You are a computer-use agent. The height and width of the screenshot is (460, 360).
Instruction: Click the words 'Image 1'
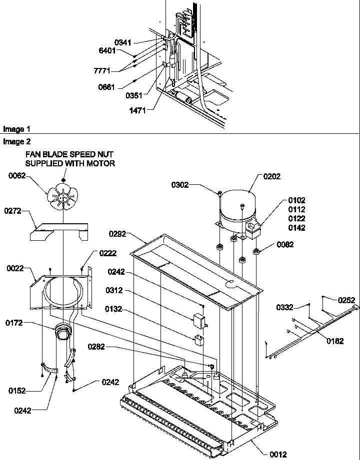coord(13,129)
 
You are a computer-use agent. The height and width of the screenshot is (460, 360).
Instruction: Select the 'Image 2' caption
coord(13,141)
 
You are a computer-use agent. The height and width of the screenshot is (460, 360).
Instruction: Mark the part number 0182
coord(335,342)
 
